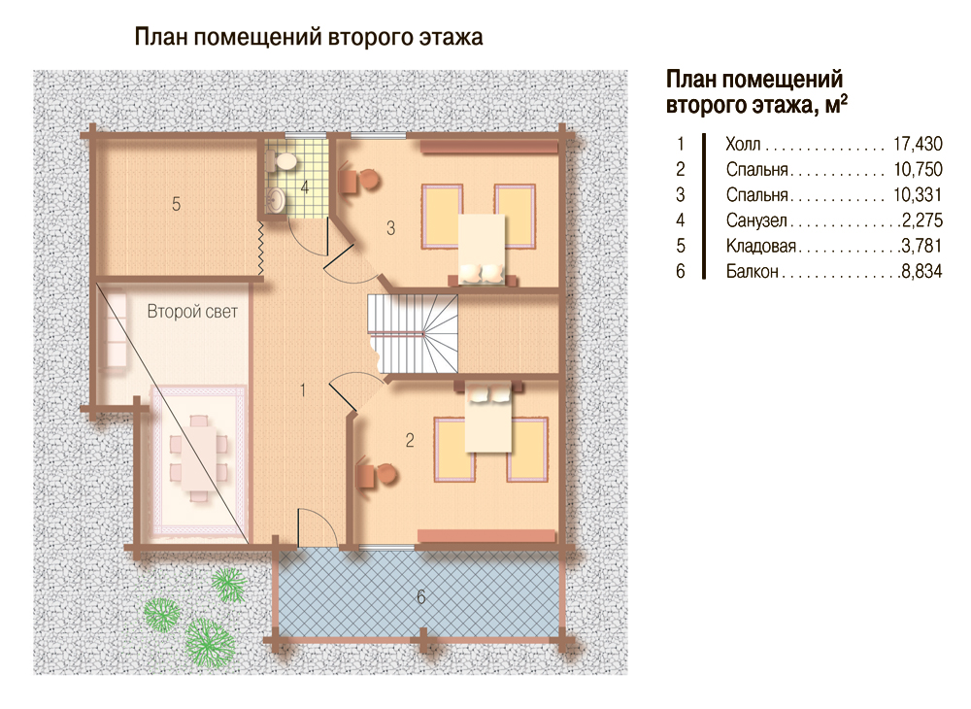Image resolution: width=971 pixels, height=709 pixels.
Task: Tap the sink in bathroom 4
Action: tap(275, 199)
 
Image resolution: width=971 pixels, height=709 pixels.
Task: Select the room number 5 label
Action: tap(176, 204)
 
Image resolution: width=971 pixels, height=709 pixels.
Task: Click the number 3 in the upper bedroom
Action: tap(390, 228)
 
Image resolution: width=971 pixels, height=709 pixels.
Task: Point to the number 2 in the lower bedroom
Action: tap(410, 440)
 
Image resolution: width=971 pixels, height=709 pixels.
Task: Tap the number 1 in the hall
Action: tap(303, 390)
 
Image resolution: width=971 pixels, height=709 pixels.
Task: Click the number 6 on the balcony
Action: tap(421, 597)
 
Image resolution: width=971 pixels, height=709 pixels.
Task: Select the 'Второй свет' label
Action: tap(192, 312)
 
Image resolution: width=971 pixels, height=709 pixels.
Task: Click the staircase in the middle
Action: tap(414, 333)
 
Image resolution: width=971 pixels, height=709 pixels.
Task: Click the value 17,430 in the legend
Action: tap(918, 144)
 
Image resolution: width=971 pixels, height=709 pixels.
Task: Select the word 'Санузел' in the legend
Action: tap(756, 220)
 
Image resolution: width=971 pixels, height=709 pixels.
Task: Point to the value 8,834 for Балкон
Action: tap(921, 271)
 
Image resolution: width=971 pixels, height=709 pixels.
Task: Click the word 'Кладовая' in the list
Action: tap(761, 246)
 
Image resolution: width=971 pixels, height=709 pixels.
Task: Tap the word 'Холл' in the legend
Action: tap(743, 145)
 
